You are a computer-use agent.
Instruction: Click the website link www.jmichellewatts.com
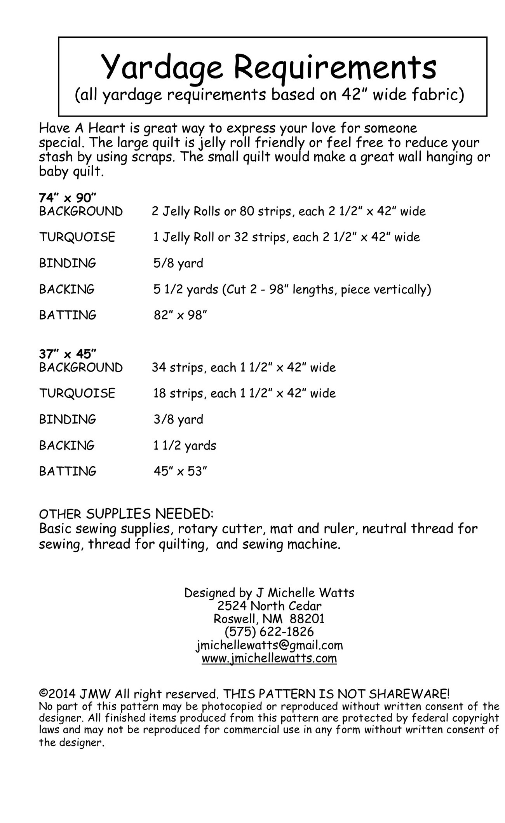(269, 658)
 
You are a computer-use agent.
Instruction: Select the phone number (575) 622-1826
(269, 631)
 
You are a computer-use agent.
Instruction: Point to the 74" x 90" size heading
(67, 198)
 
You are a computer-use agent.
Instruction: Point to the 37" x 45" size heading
(67, 354)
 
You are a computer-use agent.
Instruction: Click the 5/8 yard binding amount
(178, 263)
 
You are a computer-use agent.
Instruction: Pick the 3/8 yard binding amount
(178, 419)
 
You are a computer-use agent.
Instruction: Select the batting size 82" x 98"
(180, 315)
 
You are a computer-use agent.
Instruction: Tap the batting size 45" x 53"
(180, 471)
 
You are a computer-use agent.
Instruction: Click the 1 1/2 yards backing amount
(185, 445)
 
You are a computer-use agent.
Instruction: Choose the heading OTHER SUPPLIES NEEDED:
(126, 514)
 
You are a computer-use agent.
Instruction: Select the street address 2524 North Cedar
(269, 605)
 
